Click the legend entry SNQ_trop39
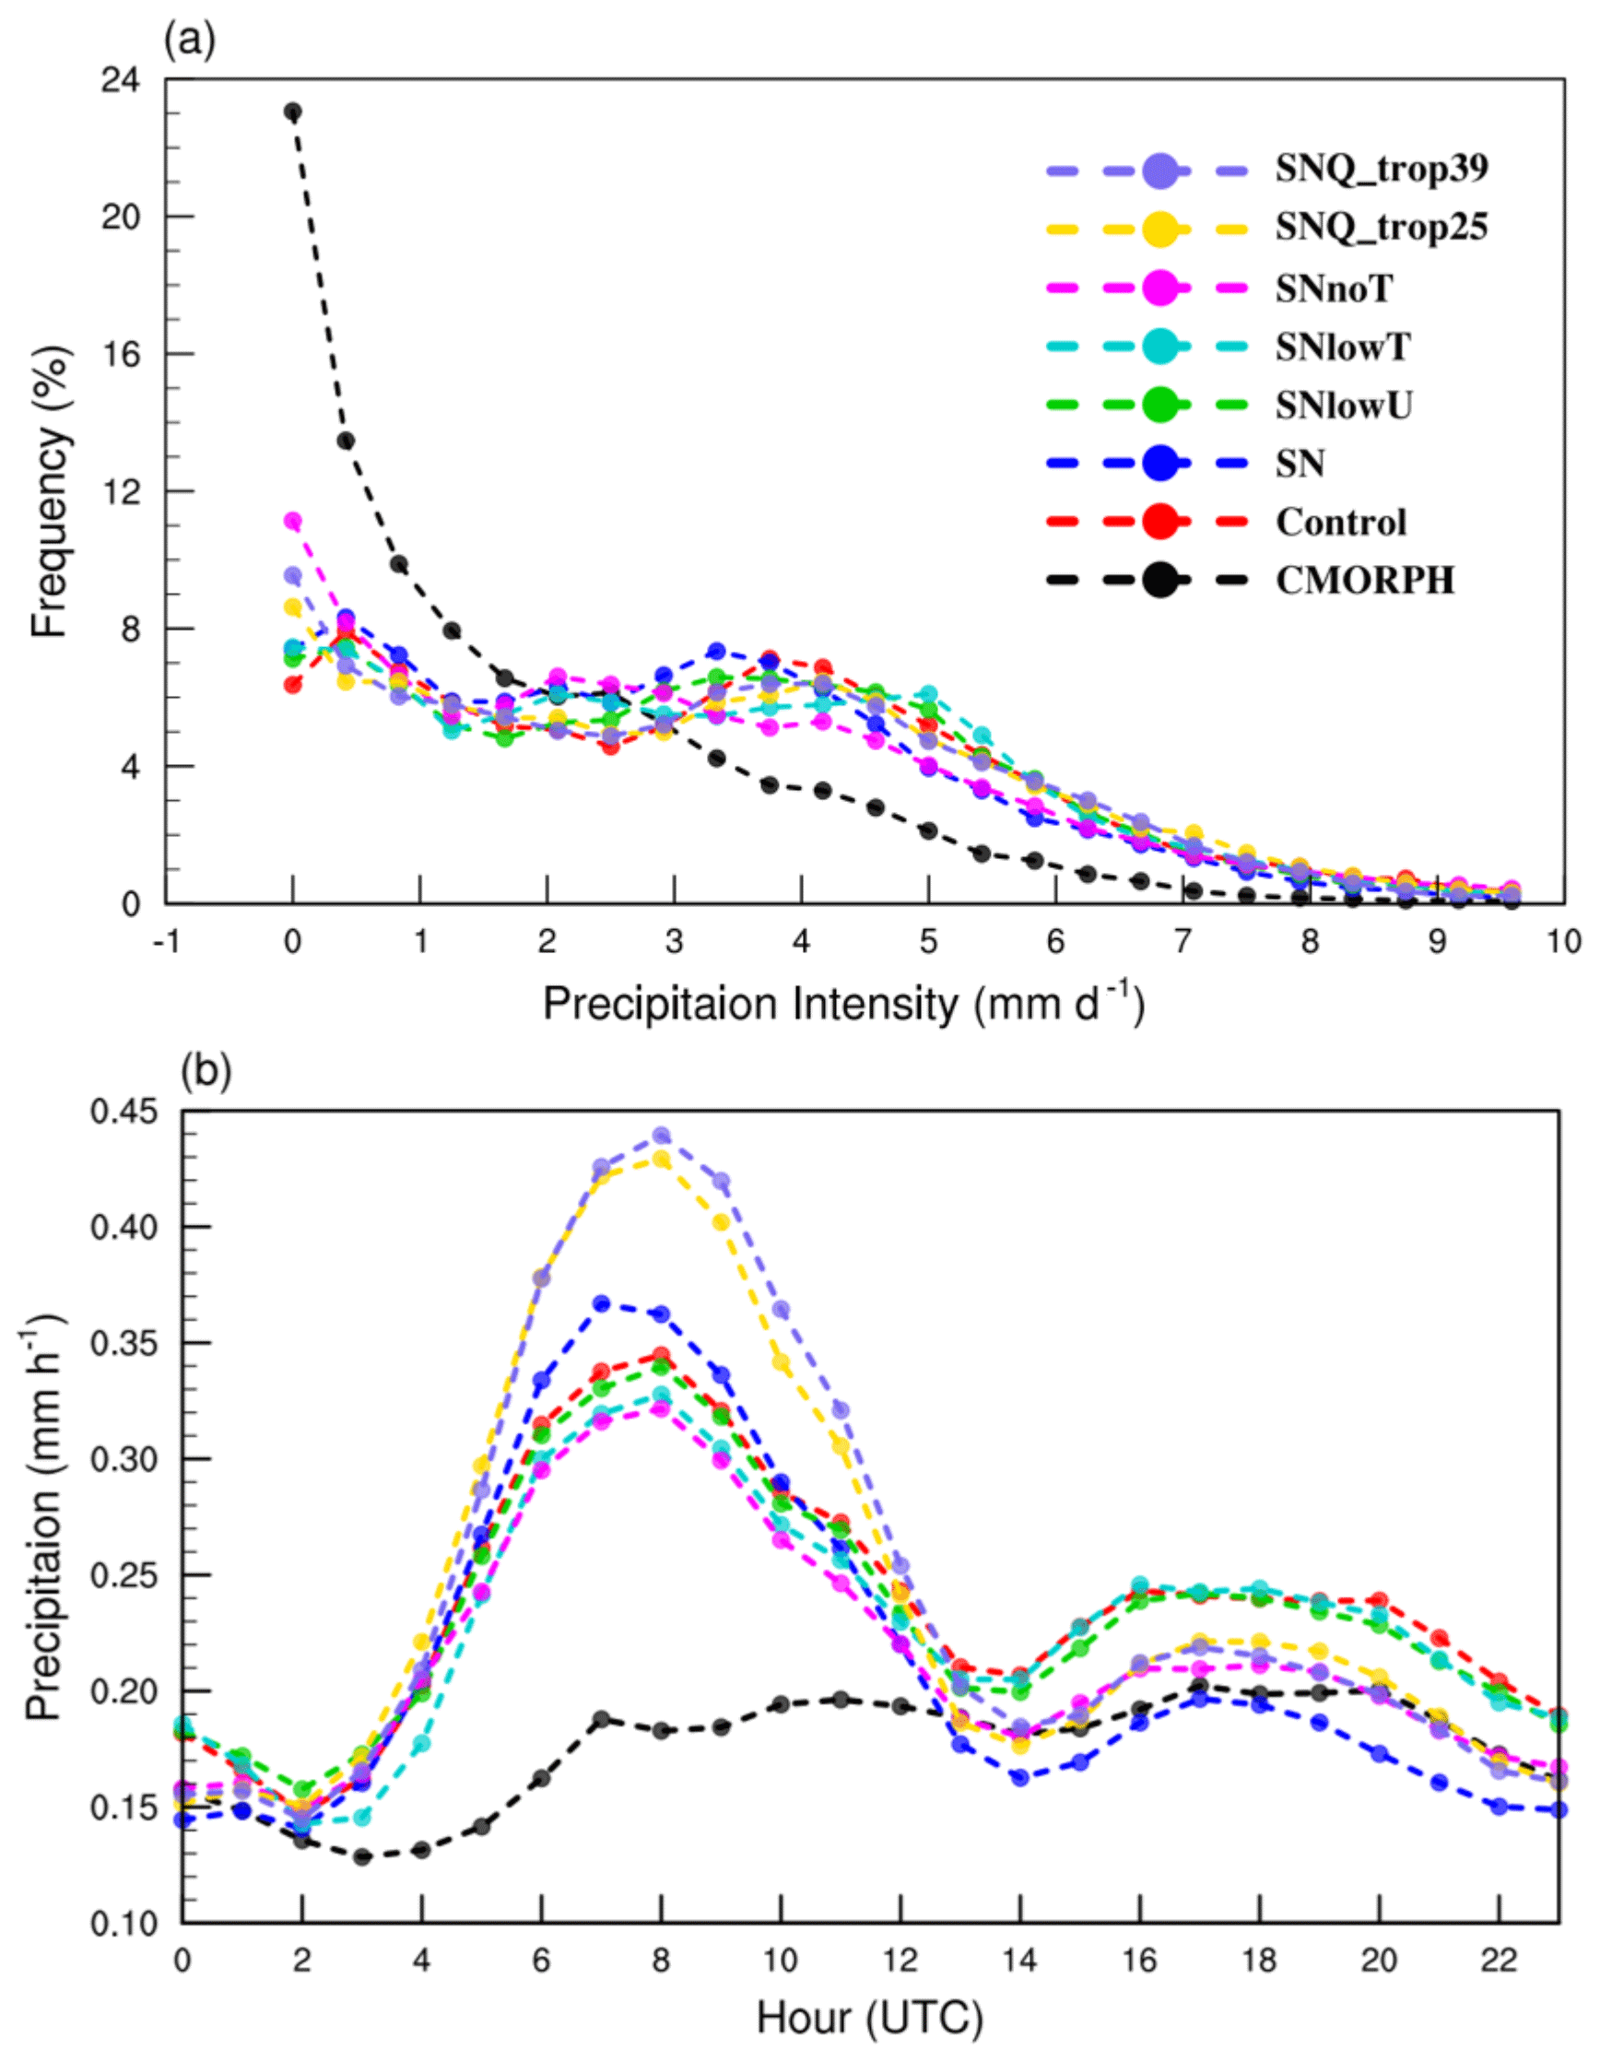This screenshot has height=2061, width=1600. coord(1382,169)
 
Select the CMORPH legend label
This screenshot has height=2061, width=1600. coord(1364,581)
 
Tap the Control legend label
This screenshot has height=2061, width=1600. coord(1341,522)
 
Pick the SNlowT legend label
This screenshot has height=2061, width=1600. coord(1344,347)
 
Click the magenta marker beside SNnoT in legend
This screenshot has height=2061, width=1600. coord(1159,288)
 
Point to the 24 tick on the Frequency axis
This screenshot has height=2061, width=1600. coord(121,81)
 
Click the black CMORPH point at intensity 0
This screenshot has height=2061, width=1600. coord(293,112)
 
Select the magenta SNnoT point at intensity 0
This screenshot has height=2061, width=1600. coord(293,521)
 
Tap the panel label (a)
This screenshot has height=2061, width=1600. coord(190,41)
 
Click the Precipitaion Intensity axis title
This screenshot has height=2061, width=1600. coord(842,1004)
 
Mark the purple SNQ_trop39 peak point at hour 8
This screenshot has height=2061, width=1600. coord(662,1136)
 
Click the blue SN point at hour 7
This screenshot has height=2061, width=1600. coord(602,1304)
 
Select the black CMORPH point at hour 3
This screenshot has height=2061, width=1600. coord(362,1857)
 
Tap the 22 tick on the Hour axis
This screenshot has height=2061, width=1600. coord(1498,1961)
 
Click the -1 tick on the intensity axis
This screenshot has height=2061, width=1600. coord(166,941)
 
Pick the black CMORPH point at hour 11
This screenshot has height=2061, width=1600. coord(841,1700)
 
